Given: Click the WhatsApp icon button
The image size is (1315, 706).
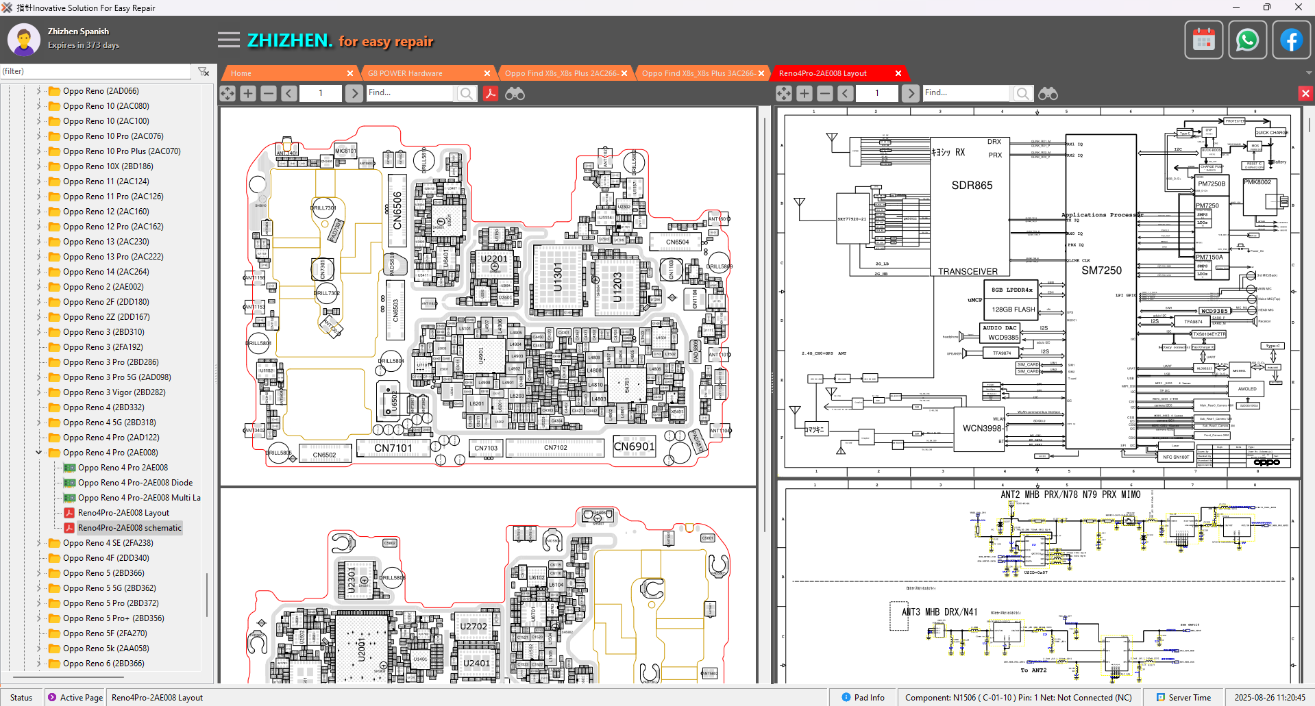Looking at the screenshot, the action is click(x=1247, y=40).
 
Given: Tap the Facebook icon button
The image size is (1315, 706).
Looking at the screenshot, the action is click(x=1291, y=40).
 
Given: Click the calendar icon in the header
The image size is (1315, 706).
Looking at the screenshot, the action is click(x=1203, y=40).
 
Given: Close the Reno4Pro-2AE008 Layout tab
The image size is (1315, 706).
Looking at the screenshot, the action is click(x=898, y=73).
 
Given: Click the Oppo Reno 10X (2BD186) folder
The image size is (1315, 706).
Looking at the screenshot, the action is click(x=108, y=166).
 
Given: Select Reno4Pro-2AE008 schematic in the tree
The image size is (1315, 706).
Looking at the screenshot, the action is click(x=130, y=528).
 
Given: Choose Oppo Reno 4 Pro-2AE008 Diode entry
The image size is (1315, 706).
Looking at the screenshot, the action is click(x=135, y=483).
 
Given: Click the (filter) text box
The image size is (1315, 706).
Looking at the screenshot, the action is click(x=96, y=71).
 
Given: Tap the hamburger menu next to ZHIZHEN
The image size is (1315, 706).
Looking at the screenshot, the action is click(x=229, y=40).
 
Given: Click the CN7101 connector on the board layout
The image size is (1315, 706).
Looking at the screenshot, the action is click(x=393, y=449).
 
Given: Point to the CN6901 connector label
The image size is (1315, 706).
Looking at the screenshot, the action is click(x=634, y=446).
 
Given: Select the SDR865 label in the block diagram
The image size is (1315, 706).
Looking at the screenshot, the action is click(x=972, y=186).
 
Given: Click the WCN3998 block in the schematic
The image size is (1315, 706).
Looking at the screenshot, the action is click(x=982, y=429).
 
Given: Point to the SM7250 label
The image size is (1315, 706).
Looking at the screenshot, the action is click(x=1101, y=270).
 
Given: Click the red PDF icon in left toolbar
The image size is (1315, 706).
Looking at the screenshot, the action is click(x=491, y=93).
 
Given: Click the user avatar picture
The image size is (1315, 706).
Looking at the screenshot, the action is click(x=24, y=40).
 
